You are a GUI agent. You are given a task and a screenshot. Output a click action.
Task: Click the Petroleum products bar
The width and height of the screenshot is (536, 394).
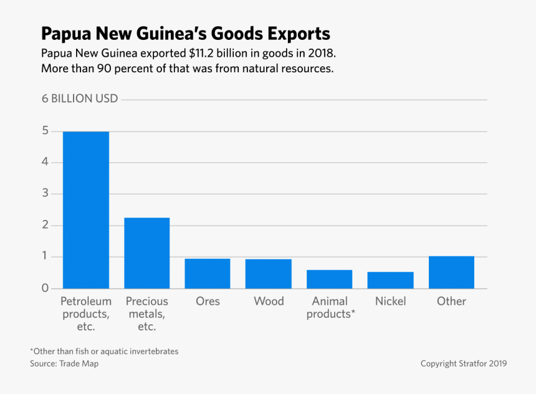click(x=85, y=210)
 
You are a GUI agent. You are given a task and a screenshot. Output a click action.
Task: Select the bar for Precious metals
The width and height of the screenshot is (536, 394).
click(x=146, y=253)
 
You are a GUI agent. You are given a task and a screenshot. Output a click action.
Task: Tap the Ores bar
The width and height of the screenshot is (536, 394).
click(x=208, y=274)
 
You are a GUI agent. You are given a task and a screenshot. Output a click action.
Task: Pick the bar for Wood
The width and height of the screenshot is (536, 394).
click(x=268, y=274)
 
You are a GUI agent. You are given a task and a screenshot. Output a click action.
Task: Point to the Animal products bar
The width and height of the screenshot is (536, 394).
click(x=329, y=279)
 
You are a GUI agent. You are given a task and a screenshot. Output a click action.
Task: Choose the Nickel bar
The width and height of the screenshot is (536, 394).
click(x=390, y=281)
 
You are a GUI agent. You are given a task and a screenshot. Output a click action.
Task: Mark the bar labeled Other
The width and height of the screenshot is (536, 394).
click(x=451, y=272)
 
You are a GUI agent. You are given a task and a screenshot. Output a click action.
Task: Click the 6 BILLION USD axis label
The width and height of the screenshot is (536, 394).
click(x=80, y=99)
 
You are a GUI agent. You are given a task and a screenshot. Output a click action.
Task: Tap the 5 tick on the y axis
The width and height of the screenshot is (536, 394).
click(x=45, y=131)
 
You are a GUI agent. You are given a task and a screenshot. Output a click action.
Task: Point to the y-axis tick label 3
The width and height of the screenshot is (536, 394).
click(x=45, y=194)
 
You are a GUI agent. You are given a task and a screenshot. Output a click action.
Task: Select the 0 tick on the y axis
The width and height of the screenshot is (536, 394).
click(x=45, y=289)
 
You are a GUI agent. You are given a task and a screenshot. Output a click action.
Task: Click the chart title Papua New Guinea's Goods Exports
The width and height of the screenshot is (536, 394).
click(x=185, y=32)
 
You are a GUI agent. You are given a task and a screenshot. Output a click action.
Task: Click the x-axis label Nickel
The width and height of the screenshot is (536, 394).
click(x=390, y=301)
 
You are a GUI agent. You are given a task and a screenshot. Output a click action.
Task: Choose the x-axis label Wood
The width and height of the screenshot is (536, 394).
click(x=269, y=301)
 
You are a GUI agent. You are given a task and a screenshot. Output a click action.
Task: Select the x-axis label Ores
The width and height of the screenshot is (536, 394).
click(x=208, y=301)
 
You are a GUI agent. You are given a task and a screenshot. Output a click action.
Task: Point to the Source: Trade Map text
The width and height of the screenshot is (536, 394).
click(x=64, y=363)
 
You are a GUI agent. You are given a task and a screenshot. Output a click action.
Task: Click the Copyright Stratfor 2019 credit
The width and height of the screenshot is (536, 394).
click(x=463, y=363)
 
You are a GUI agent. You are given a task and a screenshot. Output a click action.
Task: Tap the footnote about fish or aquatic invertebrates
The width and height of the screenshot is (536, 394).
click(x=104, y=352)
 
